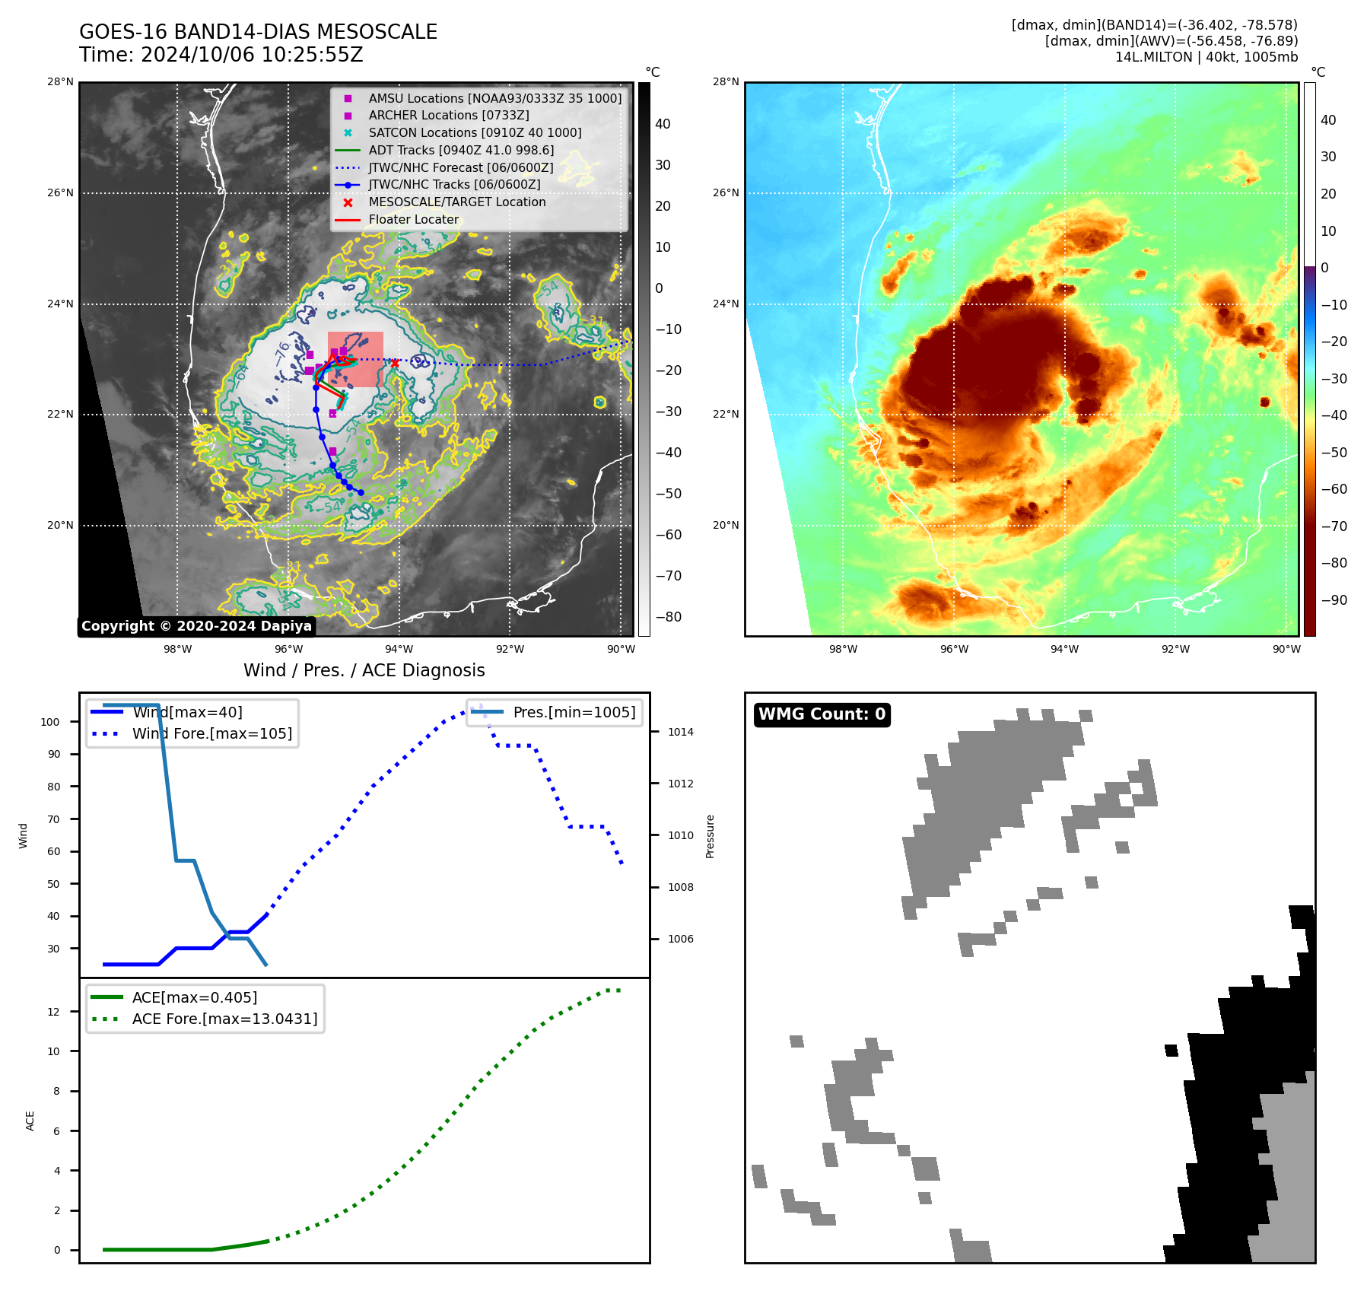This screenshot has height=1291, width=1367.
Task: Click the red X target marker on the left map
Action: [394, 364]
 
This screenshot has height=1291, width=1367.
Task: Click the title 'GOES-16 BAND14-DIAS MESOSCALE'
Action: [258, 32]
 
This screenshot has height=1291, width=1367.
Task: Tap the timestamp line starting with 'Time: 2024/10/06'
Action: [221, 55]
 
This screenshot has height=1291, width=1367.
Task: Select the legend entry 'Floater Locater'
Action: [413, 219]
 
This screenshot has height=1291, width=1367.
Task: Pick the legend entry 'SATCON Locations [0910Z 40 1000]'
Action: [475, 132]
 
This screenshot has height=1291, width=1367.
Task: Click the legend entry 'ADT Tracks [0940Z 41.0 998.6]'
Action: [461, 150]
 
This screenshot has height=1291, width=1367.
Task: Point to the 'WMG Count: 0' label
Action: [822, 714]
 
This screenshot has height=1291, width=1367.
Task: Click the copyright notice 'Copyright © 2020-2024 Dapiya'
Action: [196, 626]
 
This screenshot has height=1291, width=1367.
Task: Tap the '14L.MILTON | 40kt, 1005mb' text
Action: [1206, 57]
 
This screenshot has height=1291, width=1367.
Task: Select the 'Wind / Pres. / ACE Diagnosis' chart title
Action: [364, 670]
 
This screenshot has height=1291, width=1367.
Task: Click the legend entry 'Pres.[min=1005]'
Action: [574, 712]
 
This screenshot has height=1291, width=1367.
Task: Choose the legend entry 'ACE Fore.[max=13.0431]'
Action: [224, 1019]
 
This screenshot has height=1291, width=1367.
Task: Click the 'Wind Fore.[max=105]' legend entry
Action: [211, 733]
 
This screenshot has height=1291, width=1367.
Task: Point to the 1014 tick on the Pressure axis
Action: [681, 732]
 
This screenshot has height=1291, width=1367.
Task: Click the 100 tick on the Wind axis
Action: [50, 722]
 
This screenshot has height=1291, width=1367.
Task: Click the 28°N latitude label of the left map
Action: [60, 82]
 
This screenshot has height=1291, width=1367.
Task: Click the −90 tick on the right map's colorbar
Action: [1334, 600]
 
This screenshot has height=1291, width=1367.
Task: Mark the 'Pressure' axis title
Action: [711, 836]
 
